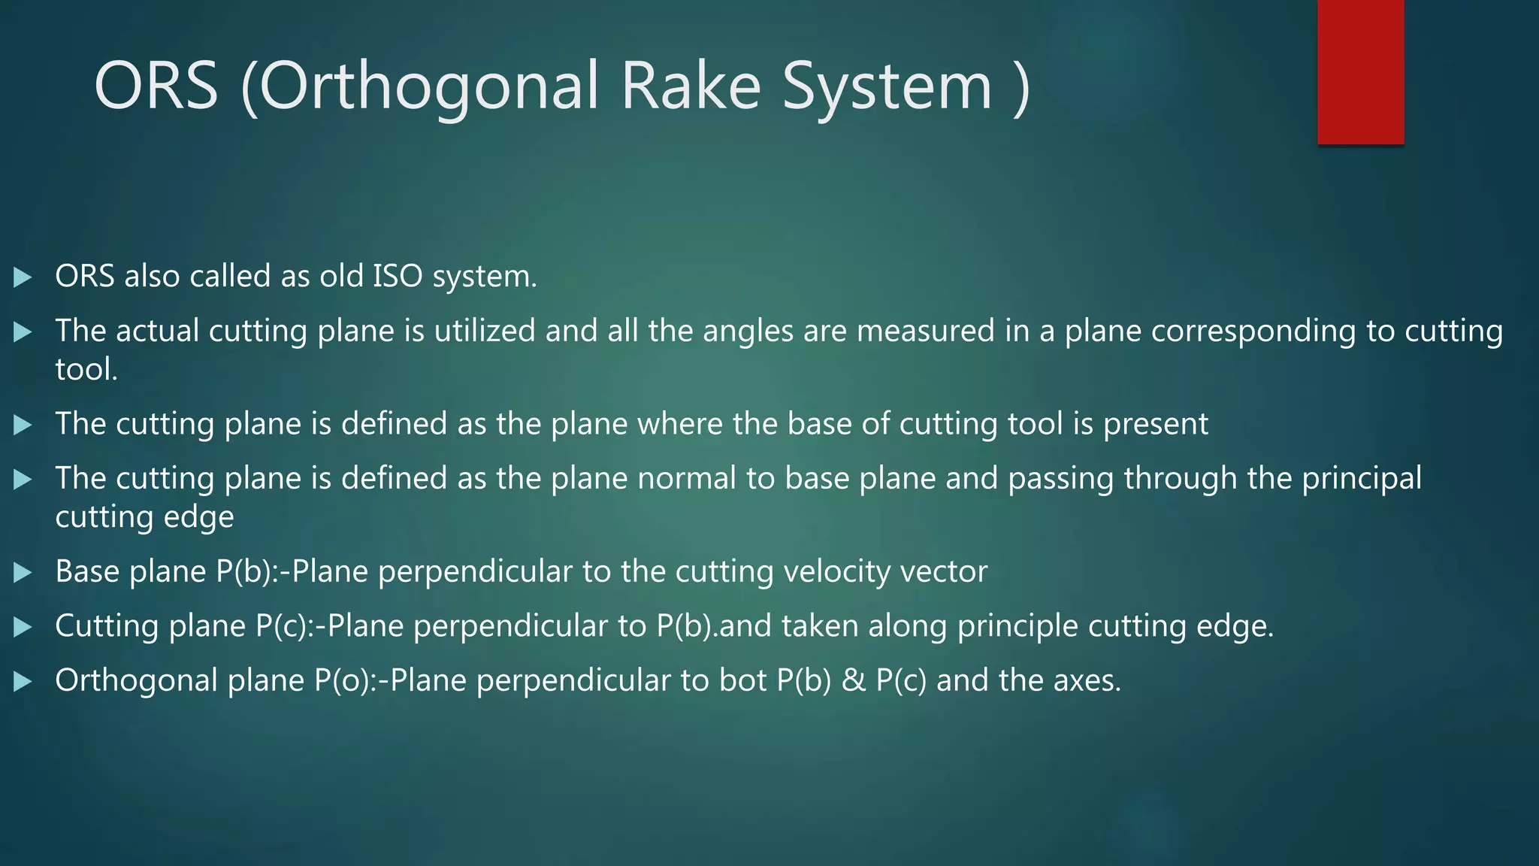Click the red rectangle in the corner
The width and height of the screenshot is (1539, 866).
click(x=1360, y=72)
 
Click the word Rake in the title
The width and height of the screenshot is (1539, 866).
click(x=691, y=86)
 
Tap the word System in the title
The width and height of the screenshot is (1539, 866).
click(x=887, y=87)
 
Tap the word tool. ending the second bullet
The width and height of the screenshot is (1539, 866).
click(x=86, y=370)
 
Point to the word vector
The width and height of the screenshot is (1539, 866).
click(x=944, y=571)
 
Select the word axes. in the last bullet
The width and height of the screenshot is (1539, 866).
click(x=1087, y=680)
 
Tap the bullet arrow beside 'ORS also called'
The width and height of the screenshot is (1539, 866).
click(x=23, y=277)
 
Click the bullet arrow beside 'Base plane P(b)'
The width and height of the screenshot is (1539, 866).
click(x=23, y=573)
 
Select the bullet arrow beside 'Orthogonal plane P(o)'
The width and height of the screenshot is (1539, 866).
click(x=23, y=682)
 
